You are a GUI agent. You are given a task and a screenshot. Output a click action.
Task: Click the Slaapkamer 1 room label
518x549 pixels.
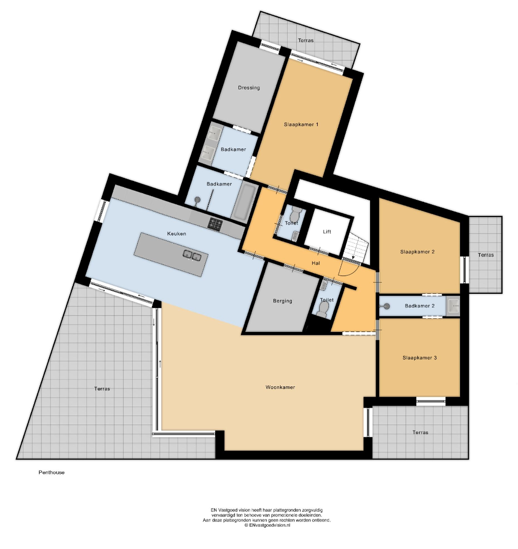pyautogui.click(x=301, y=125)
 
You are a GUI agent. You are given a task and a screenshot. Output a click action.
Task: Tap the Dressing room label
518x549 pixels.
pyautogui.click(x=249, y=87)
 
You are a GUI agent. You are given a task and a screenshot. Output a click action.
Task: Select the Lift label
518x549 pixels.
pyautogui.click(x=327, y=231)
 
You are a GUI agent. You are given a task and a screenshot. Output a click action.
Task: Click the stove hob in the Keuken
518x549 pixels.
pyautogui.click(x=215, y=224)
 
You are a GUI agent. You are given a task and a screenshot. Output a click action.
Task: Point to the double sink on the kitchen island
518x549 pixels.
pyautogui.click(x=192, y=256)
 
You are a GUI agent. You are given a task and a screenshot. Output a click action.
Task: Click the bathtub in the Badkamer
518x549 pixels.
pyautogui.click(x=244, y=201)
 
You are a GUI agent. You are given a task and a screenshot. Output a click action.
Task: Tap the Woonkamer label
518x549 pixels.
pyautogui.click(x=280, y=387)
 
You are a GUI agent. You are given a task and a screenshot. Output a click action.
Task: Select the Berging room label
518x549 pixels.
pyautogui.click(x=282, y=301)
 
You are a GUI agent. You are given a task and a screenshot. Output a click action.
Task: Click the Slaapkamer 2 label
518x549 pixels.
pyautogui.click(x=417, y=252)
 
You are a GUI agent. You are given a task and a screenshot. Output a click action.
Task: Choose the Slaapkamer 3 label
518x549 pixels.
pyautogui.click(x=419, y=358)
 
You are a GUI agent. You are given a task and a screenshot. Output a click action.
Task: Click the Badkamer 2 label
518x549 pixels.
pyautogui.click(x=419, y=306)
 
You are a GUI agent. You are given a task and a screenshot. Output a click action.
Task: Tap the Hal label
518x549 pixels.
pyautogui.click(x=316, y=263)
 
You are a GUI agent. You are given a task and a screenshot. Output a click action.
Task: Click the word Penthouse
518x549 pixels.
pyautogui.click(x=51, y=472)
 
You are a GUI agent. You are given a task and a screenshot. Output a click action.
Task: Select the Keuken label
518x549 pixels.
pyautogui.click(x=176, y=233)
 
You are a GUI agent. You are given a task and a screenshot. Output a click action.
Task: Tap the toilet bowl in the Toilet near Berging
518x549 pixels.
pyautogui.click(x=323, y=310)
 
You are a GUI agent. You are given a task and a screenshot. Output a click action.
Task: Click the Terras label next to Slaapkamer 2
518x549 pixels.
pyautogui.click(x=486, y=255)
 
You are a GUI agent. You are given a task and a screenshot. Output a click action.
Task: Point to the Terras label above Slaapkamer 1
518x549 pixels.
pyautogui.click(x=306, y=40)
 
